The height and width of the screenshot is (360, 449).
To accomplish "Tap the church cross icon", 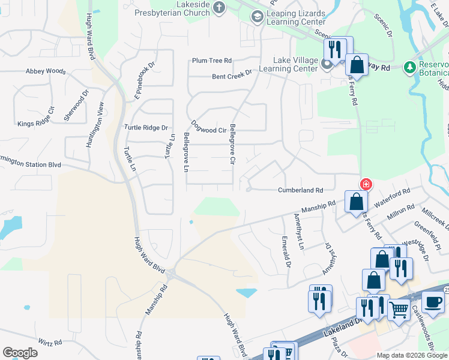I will point(219,8).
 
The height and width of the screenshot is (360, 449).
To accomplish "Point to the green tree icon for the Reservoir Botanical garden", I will point(411,66).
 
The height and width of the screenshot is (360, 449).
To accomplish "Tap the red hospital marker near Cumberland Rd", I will point(364,184).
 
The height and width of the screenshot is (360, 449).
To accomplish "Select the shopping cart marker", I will point(398,309).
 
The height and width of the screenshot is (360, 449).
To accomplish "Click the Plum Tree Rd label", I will point(211,61).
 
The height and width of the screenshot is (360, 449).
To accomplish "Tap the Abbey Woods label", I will point(46,71).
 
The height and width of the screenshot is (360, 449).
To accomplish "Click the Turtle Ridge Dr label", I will point(146,127).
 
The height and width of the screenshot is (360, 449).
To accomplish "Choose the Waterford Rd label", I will point(392,198).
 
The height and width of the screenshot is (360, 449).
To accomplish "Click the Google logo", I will point(20,353).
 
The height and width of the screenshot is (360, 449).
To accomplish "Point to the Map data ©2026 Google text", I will point(411,355).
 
